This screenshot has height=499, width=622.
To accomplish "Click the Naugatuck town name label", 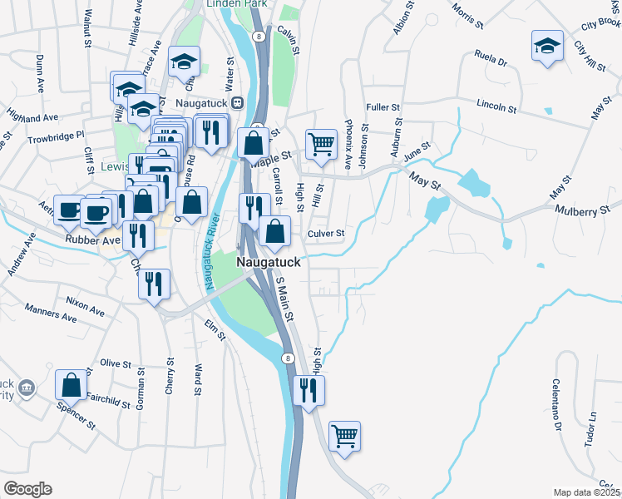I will coord(268,260).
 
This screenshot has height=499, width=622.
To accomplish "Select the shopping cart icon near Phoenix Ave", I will coord(320,145).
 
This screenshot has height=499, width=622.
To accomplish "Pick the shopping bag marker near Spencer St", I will coord(71,385).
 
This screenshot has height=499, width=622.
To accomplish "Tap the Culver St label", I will coord(326,235).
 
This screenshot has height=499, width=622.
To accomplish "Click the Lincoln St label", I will coord(497,106).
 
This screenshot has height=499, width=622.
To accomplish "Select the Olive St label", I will coord(116,363).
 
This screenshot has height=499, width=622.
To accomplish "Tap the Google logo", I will coord(27,489).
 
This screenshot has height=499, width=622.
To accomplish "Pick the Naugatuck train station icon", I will coord(237,102).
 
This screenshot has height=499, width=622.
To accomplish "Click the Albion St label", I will coord(402,17).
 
